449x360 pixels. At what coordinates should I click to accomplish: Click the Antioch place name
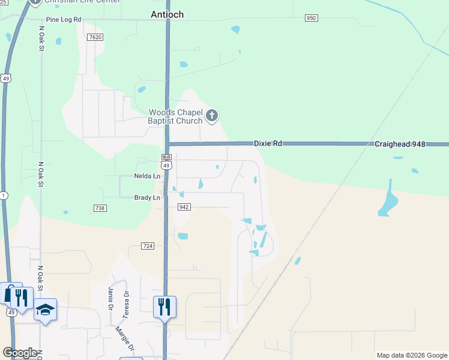(x=167, y=14)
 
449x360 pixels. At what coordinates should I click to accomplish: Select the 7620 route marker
(x=94, y=37)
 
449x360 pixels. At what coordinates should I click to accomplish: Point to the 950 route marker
(x=310, y=18)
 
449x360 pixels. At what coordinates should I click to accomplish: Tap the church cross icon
(x=211, y=115)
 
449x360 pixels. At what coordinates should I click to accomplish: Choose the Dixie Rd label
(x=268, y=144)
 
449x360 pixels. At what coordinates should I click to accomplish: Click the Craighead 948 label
(x=400, y=144)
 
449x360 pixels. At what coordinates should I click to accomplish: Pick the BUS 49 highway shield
(x=167, y=161)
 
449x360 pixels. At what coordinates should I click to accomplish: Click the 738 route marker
(x=100, y=208)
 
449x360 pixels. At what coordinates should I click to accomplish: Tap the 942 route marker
(x=184, y=207)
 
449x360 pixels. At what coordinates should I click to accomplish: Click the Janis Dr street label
(x=110, y=295)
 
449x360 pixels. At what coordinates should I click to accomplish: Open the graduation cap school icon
(x=45, y=309)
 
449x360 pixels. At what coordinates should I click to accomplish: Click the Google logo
(x=20, y=353)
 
